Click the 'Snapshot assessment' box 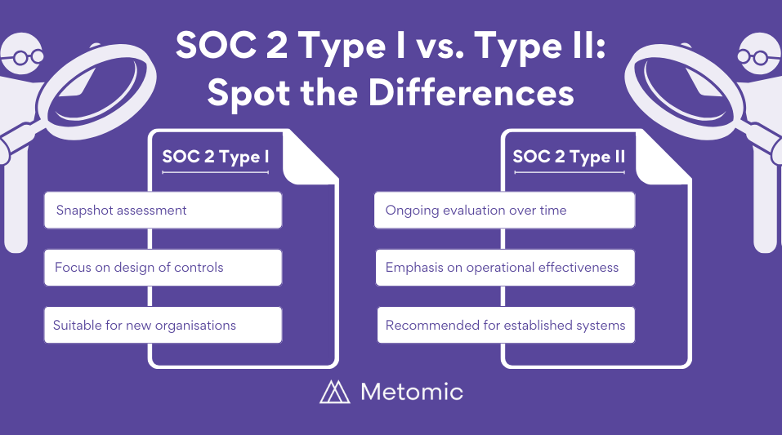click(x=163, y=211)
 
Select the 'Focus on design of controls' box click(x=163, y=268)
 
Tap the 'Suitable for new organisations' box click(x=163, y=325)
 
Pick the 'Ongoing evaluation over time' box click(x=504, y=211)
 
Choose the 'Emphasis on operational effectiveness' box click(x=504, y=268)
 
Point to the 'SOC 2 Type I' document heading click(x=216, y=157)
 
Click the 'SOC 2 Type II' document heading click(x=569, y=157)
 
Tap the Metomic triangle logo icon click(x=334, y=392)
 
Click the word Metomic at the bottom click(x=411, y=392)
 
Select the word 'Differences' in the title click(x=471, y=93)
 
